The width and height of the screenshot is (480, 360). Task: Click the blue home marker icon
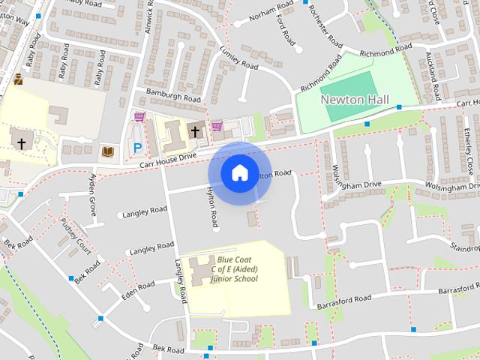pos(238,172)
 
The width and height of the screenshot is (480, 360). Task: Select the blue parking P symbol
pos(136,148)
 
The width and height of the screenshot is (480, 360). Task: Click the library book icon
pos(107,152)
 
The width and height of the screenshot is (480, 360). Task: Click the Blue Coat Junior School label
pos(234,269)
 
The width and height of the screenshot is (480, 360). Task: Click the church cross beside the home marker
pos(196,131)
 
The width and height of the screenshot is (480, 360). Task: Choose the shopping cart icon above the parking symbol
pos(139,117)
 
